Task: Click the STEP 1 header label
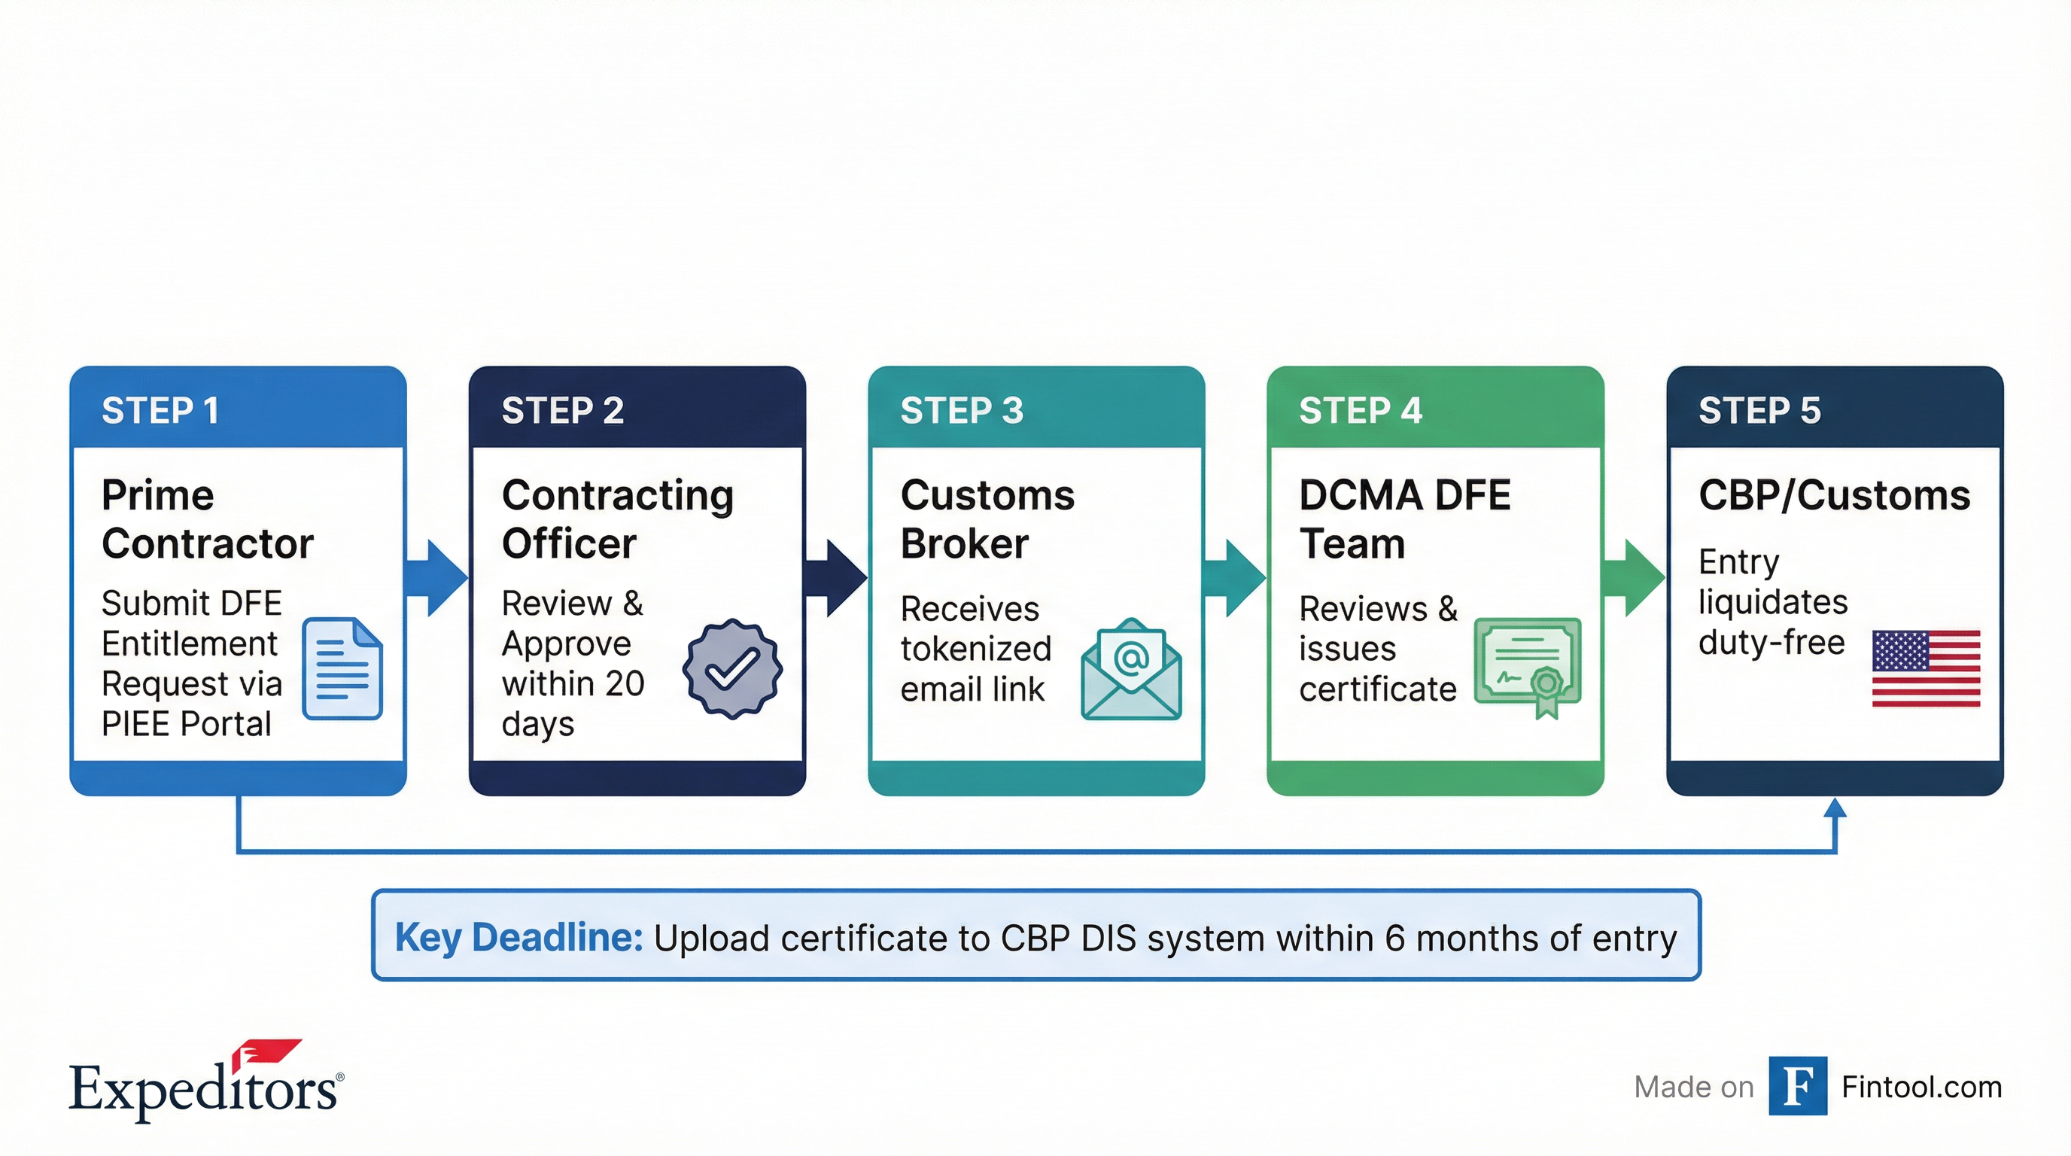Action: pyautogui.click(x=160, y=411)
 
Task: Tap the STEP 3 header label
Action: pyautogui.click(x=962, y=411)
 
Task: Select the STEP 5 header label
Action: pyautogui.click(x=1759, y=411)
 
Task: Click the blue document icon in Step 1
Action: pyautogui.click(x=342, y=668)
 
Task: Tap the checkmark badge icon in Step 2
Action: pyautogui.click(x=731, y=668)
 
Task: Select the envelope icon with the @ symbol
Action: pyautogui.click(x=1131, y=669)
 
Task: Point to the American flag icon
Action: pyautogui.click(x=1926, y=669)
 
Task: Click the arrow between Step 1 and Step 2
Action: pyautogui.click(x=439, y=577)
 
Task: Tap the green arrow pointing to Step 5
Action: pyautogui.click(x=1635, y=577)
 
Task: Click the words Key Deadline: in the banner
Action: pyautogui.click(x=519, y=937)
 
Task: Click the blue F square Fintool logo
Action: pyautogui.click(x=1798, y=1086)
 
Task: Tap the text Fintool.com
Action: pyautogui.click(x=1921, y=1087)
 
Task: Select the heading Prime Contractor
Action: pyautogui.click(x=207, y=519)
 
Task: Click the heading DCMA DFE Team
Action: pyautogui.click(x=1403, y=519)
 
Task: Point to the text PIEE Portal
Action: pyautogui.click(x=187, y=724)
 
